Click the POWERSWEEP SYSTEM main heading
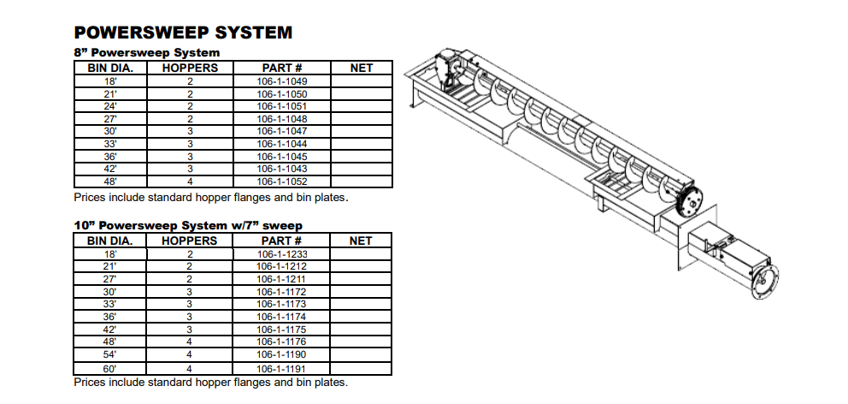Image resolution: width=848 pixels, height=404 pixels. tap(183, 33)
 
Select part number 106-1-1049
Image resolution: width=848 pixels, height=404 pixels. tap(281, 81)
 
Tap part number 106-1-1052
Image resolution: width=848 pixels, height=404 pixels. tap(281, 182)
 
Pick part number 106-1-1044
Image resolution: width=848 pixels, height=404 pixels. tap(281, 144)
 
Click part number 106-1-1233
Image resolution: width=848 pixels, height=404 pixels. tap(281, 254)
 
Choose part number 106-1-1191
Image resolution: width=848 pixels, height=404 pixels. tap(281, 367)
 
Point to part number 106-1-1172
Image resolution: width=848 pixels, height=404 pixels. tap(281, 292)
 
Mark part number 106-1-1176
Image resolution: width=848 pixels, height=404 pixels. tap(281, 342)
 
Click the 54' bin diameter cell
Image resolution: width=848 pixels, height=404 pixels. tap(111, 354)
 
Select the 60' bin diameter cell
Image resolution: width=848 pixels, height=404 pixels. tap(111, 367)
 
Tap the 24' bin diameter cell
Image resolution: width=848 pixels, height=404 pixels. tap(111, 106)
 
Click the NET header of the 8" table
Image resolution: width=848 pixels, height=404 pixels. tap(362, 68)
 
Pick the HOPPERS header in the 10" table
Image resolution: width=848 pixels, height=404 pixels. tap(190, 241)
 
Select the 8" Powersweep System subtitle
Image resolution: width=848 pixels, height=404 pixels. tap(141, 52)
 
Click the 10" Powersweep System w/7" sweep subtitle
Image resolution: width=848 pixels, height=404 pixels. tap(188, 225)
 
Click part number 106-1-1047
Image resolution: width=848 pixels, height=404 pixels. tap(281, 131)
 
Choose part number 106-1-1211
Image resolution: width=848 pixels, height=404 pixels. tap(281, 279)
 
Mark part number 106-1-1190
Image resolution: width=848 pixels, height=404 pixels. tap(281, 354)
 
